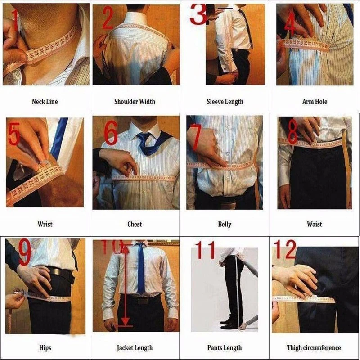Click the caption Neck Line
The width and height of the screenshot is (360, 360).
pos(45,102)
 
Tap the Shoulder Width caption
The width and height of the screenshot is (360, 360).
pos(135,102)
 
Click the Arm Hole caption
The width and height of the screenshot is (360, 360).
pos(315,102)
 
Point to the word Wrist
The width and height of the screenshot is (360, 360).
pos(45,224)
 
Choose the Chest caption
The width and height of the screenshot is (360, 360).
pos(135,224)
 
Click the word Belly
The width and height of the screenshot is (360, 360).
pos(225,224)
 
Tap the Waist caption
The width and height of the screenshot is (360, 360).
pos(315,224)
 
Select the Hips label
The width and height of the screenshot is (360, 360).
pos(45,347)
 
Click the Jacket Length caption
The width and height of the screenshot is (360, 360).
pos(135,347)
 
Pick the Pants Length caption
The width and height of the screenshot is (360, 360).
pos(225,347)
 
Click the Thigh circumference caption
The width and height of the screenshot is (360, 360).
pos(314,347)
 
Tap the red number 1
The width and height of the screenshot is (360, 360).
pos(14,20)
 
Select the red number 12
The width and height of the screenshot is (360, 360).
pos(284,250)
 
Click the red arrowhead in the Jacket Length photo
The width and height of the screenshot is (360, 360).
pos(126,321)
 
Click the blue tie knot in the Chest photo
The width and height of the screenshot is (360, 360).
pos(144,137)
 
